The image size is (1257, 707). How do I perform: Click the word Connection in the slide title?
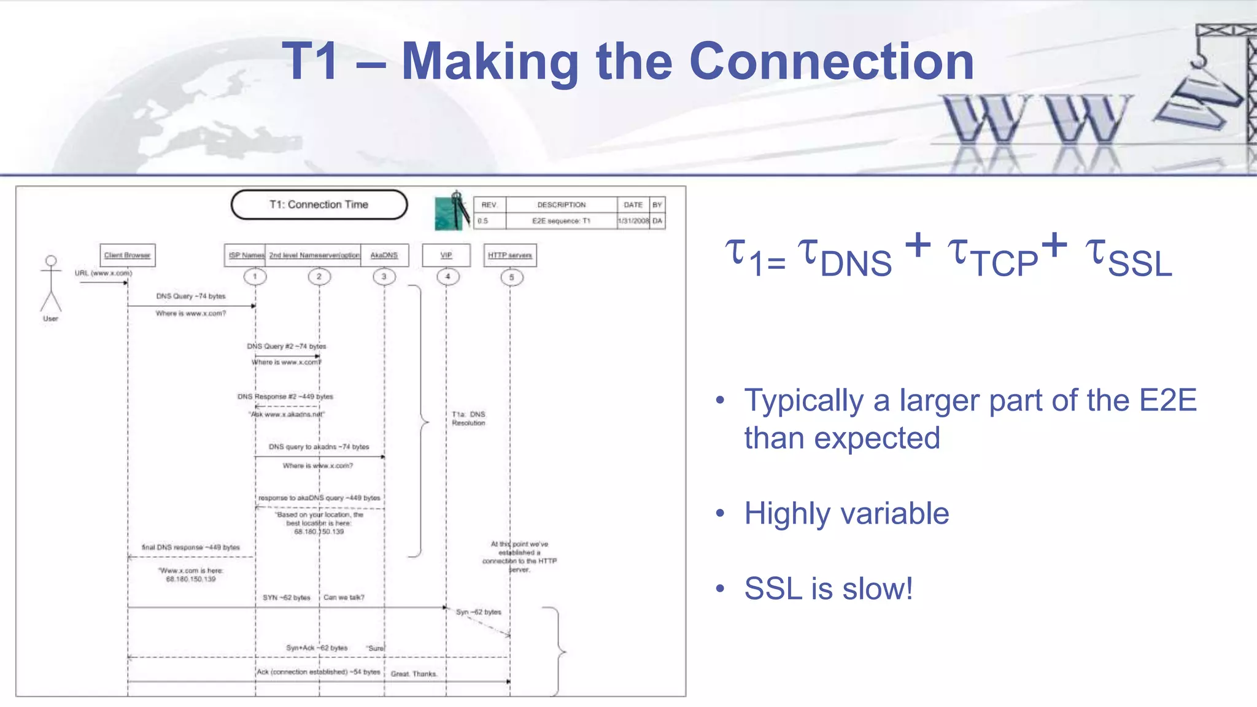tap(832, 61)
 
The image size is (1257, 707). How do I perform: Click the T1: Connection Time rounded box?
tap(319, 204)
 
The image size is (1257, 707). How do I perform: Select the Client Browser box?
tap(128, 255)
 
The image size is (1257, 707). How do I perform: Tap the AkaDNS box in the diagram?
tap(384, 255)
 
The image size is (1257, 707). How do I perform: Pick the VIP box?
tap(446, 255)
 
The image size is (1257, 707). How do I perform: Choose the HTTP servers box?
tap(510, 255)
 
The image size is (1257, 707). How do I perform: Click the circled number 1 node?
tap(255, 277)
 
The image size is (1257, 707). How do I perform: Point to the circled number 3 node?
tap(384, 277)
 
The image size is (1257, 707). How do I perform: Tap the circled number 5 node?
tap(511, 277)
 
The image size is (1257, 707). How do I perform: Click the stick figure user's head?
tap(52, 261)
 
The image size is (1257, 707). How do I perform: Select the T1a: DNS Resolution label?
tap(468, 419)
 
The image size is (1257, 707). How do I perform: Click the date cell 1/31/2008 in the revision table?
tap(633, 221)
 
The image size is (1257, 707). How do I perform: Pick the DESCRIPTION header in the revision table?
tap(561, 205)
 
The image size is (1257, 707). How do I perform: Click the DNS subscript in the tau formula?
tap(856, 265)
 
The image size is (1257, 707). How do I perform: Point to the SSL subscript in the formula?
tap(1140, 265)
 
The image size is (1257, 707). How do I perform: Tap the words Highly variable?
tap(846, 513)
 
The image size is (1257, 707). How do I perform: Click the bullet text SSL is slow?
tap(828, 589)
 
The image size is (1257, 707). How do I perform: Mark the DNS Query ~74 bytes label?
tap(191, 296)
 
